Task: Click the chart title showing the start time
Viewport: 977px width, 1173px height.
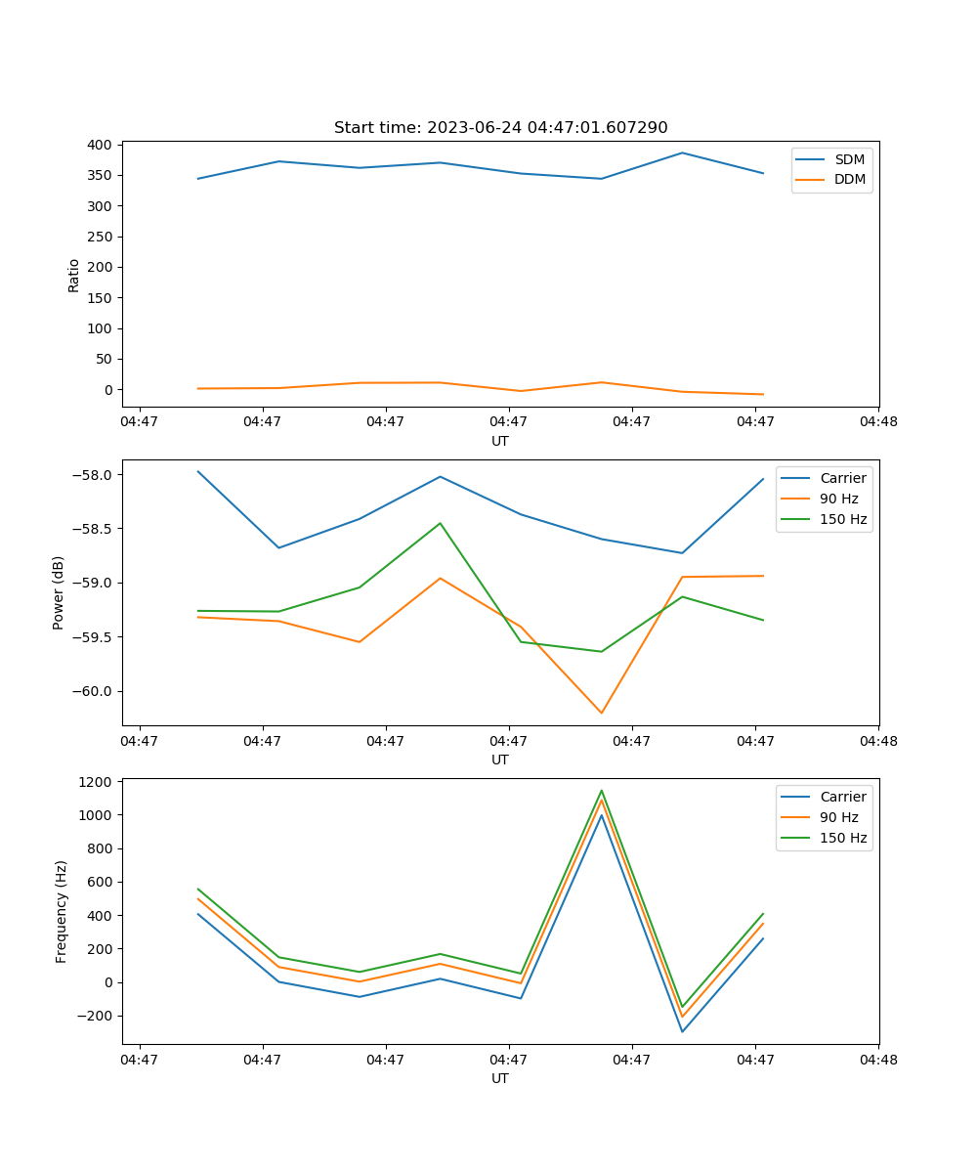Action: pyautogui.click(x=500, y=128)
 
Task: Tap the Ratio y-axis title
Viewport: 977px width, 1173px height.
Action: pyautogui.click(x=74, y=275)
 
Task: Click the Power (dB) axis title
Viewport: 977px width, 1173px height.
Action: pyautogui.click(x=59, y=592)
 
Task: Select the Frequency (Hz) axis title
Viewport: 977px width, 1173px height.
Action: pyautogui.click(x=61, y=911)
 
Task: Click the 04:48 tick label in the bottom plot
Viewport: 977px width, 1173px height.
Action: pyautogui.click(x=878, y=1059)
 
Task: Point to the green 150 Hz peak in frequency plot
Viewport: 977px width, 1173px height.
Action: pyautogui.click(x=602, y=791)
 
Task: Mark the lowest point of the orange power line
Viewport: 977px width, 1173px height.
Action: pyautogui.click(x=602, y=713)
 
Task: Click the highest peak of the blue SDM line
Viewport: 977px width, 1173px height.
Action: pyautogui.click(x=682, y=152)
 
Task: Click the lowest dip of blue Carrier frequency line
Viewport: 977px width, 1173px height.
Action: pyautogui.click(x=682, y=1031)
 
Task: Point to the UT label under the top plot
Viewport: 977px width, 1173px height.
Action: pyautogui.click(x=500, y=441)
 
